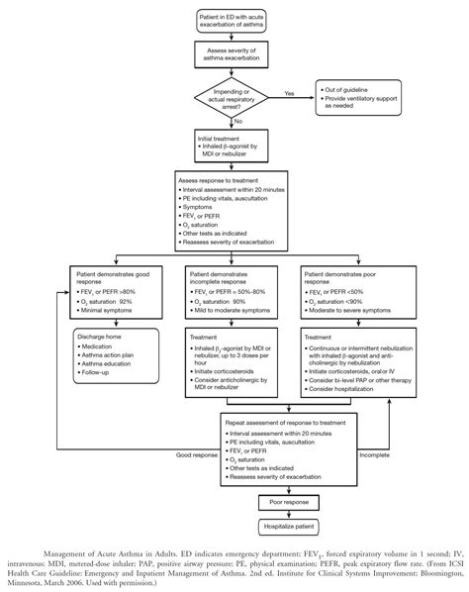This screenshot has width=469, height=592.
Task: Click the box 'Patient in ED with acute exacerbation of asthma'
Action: (234, 21)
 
